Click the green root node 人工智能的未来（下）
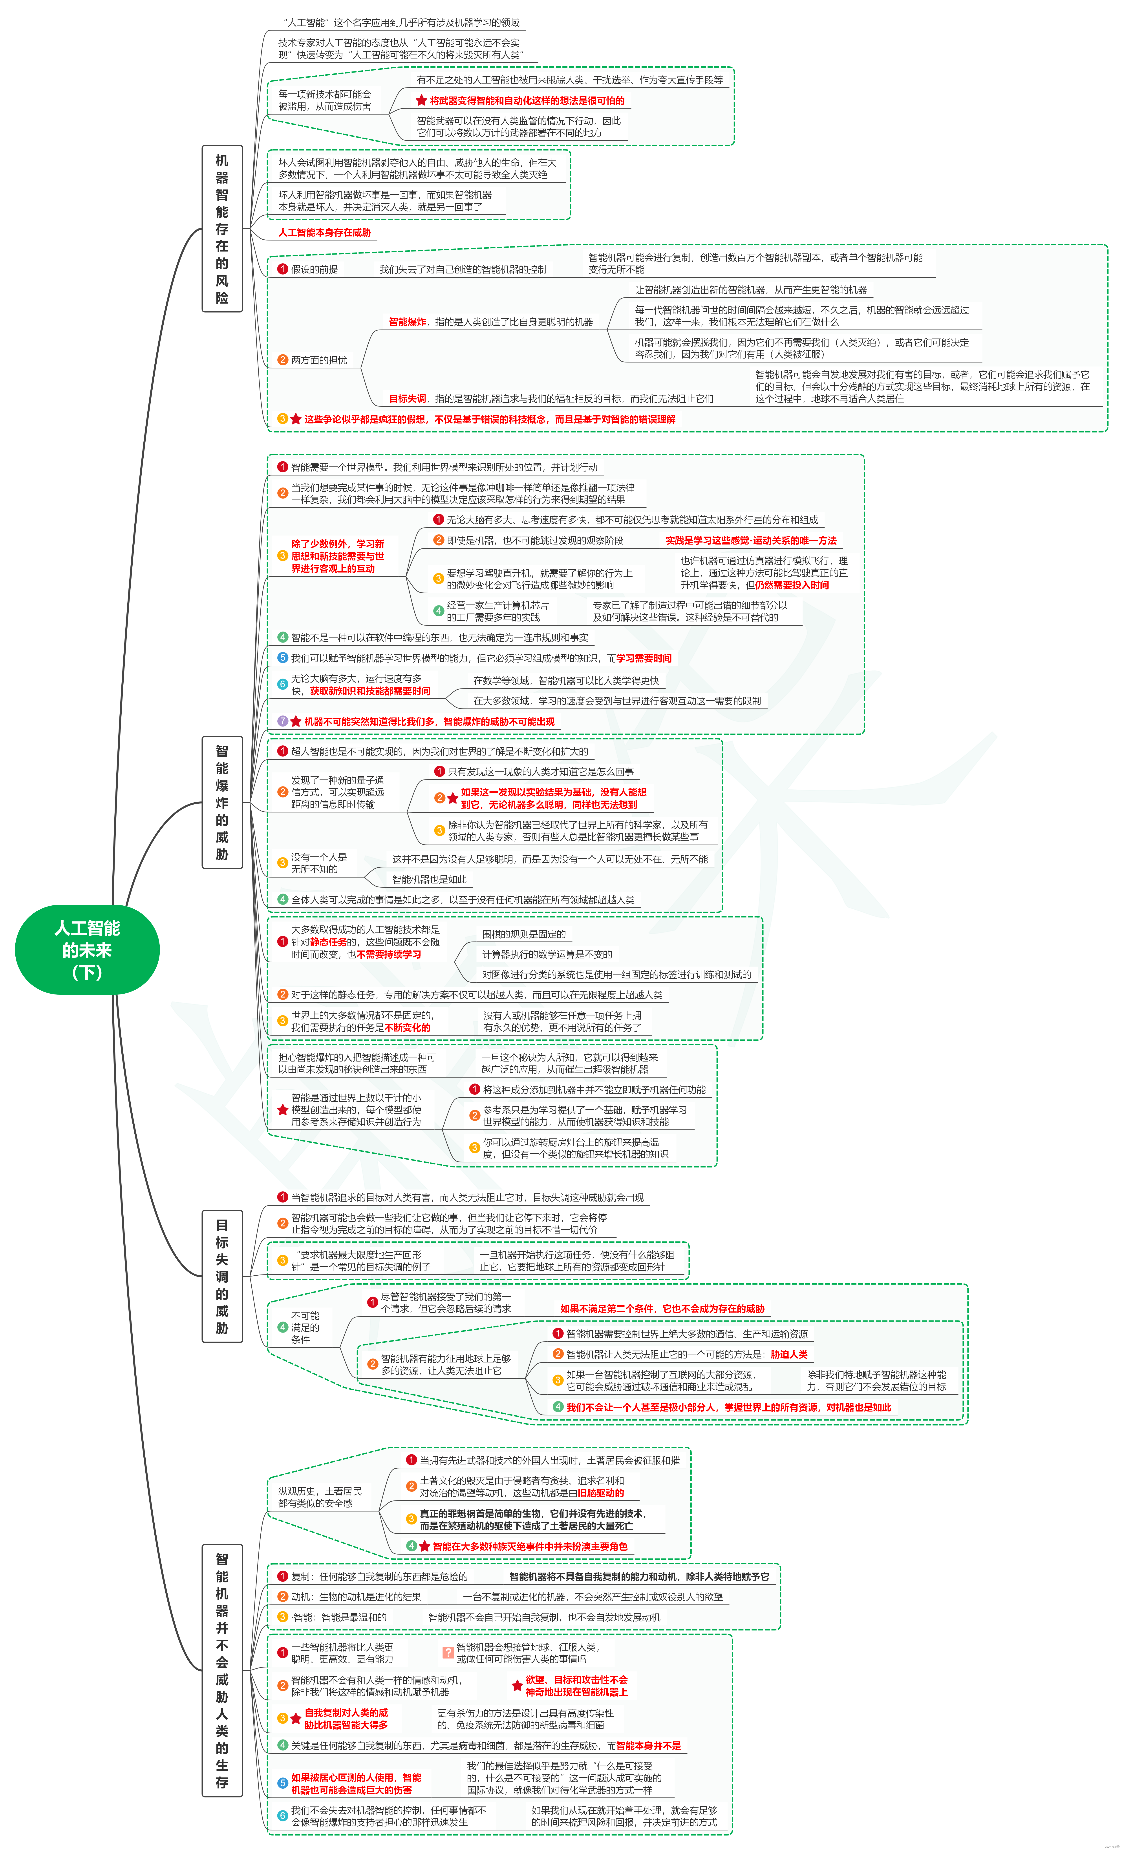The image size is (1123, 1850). click(x=87, y=950)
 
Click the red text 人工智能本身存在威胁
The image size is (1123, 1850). click(x=324, y=233)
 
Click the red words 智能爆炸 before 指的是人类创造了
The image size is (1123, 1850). click(x=407, y=322)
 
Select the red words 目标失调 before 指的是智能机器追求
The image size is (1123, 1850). click(x=407, y=399)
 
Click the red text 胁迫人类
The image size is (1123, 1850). click(x=789, y=1355)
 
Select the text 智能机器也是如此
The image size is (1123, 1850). click(x=429, y=879)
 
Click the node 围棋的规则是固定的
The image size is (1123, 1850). click(x=524, y=934)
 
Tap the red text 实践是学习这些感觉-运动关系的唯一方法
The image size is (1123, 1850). click(x=750, y=541)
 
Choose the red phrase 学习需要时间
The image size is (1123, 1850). click(x=644, y=658)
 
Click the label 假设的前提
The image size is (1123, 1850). click(x=314, y=269)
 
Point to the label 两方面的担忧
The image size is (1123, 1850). click(x=318, y=360)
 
